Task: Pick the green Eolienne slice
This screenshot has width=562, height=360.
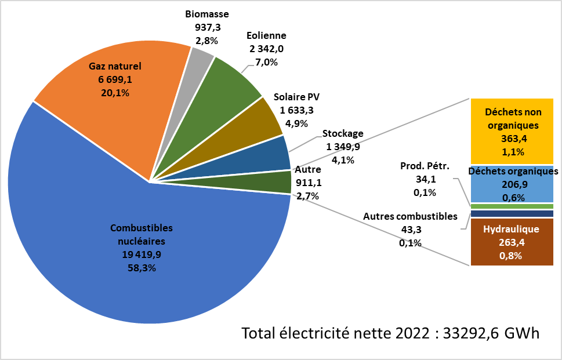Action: click(x=232, y=87)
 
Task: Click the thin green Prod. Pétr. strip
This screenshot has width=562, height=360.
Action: click(x=512, y=206)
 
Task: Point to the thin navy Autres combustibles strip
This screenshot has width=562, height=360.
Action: click(x=512, y=214)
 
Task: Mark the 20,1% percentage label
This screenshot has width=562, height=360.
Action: click(x=115, y=93)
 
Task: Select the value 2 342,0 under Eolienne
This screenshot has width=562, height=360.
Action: click(x=266, y=49)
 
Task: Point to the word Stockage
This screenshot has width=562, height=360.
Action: click(x=343, y=133)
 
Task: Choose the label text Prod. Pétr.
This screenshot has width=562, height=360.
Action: click(x=425, y=166)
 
